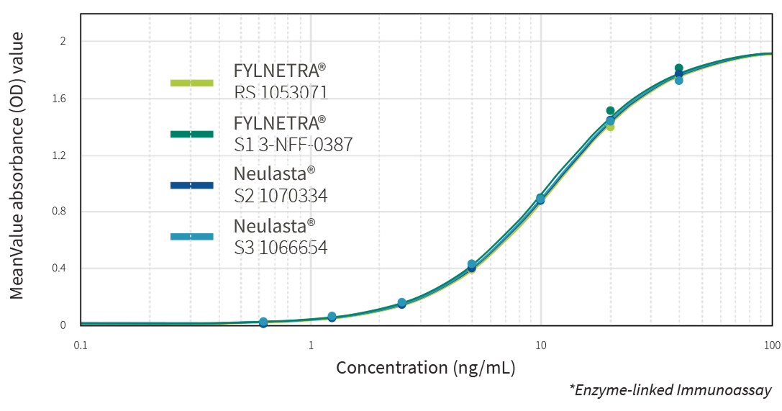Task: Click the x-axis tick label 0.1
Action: click(81, 345)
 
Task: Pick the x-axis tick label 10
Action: click(541, 345)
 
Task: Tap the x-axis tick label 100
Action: click(771, 345)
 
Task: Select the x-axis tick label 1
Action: click(311, 345)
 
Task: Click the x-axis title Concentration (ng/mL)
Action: click(426, 368)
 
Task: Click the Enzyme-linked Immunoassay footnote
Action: click(670, 390)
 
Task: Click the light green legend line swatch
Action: click(192, 83)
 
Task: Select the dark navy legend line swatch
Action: click(192, 185)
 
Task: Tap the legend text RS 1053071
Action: click(281, 92)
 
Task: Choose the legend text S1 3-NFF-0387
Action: click(294, 144)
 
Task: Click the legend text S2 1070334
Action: click(281, 195)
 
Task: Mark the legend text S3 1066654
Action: click(281, 248)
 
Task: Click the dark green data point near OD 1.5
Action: click(610, 111)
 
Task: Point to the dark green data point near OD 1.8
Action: click(678, 68)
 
